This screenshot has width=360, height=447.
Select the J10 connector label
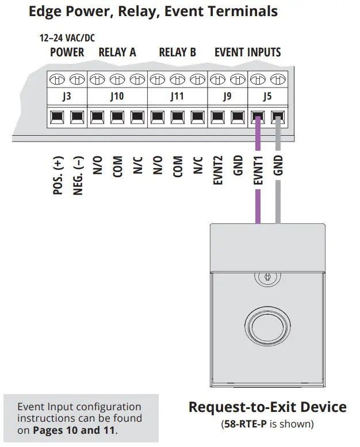point(117,96)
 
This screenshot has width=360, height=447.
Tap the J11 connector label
point(177,96)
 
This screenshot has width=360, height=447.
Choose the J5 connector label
point(267,96)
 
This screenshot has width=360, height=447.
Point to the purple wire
point(258,201)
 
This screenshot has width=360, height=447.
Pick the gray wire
point(278,201)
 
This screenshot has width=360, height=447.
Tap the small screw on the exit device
point(265,278)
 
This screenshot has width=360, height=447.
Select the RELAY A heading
point(117,52)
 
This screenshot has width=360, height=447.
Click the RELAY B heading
point(177,52)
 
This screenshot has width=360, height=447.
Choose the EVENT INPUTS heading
point(247,52)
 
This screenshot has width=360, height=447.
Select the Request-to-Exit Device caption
point(267,407)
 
